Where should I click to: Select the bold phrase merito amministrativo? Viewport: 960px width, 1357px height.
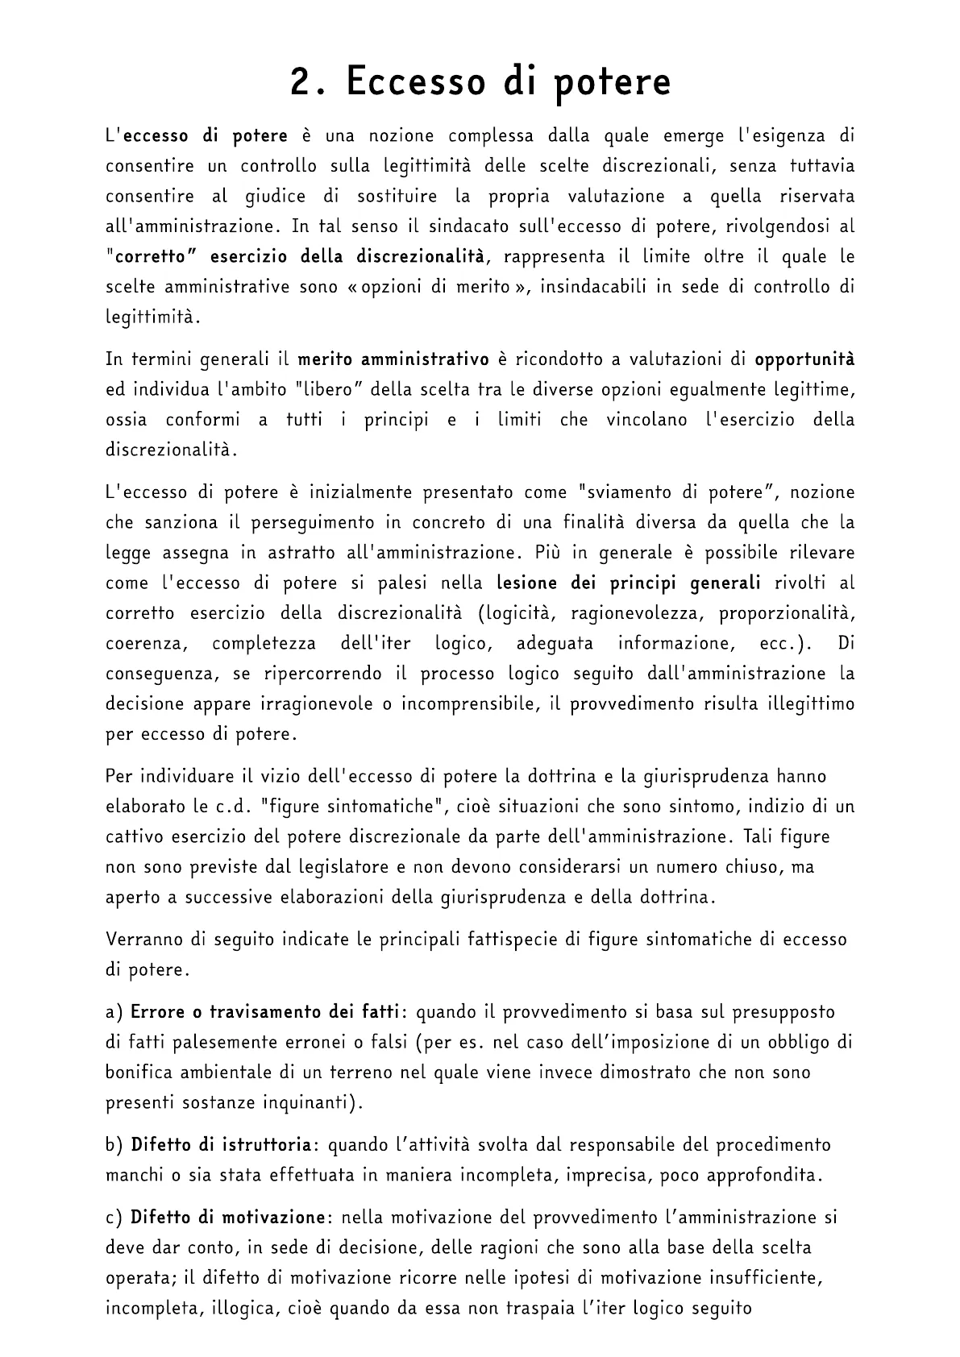point(393,359)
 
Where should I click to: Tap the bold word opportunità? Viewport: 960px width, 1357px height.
point(804,359)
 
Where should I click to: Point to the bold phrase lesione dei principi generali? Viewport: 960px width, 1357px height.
point(629,583)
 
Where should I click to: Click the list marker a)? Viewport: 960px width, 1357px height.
point(114,1011)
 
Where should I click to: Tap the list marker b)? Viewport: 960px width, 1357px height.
point(114,1144)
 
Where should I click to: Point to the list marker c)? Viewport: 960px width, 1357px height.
point(114,1217)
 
